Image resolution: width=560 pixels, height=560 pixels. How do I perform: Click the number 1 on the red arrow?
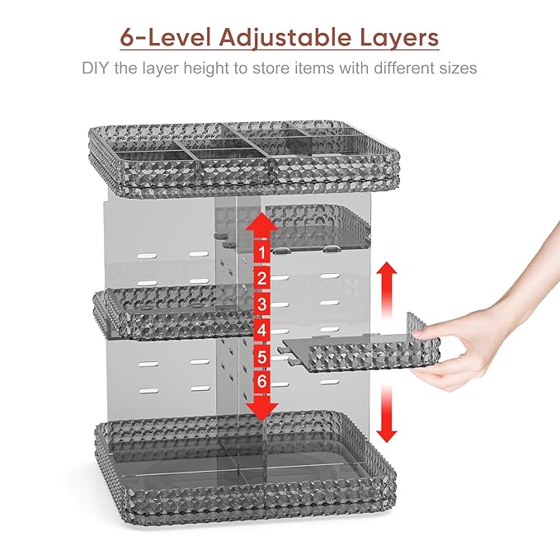click(262, 252)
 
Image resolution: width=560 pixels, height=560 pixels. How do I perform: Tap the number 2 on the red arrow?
click(262, 279)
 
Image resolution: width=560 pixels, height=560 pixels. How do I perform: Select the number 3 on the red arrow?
click(262, 304)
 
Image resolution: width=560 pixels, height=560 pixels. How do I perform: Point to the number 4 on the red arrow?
click(262, 330)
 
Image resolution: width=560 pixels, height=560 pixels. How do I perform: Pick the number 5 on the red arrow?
click(262, 356)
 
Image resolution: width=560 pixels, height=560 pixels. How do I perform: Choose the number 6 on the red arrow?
click(262, 381)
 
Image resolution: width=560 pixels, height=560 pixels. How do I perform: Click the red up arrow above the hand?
click(387, 289)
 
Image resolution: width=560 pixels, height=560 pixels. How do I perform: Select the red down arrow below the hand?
click(387, 413)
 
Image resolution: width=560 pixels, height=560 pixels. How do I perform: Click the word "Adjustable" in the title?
click(285, 38)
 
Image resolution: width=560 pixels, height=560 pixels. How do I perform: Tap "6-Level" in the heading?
click(165, 37)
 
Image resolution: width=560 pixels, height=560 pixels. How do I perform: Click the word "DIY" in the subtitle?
click(95, 68)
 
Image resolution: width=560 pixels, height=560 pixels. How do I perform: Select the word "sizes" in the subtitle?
click(459, 68)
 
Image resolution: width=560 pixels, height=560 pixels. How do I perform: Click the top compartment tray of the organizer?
click(244, 158)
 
